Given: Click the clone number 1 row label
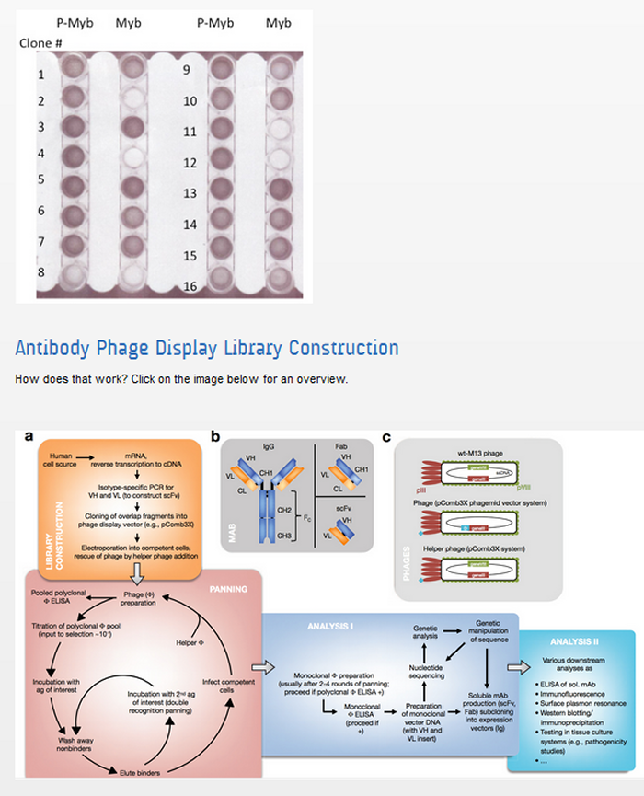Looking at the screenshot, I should pyautogui.click(x=41, y=75).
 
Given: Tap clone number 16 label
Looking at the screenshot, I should pyautogui.click(x=190, y=286).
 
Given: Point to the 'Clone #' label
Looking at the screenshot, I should pyautogui.click(x=40, y=43).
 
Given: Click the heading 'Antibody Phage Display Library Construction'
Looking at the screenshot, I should pyautogui.click(x=207, y=349).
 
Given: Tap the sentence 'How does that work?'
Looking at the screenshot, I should pyautogui.click(x=71, y=379).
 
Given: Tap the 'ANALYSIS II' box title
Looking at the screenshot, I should pyautogui.click(x=577, y=640).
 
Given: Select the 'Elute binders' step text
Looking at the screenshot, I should pyautogui.click(x=133, y=772).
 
